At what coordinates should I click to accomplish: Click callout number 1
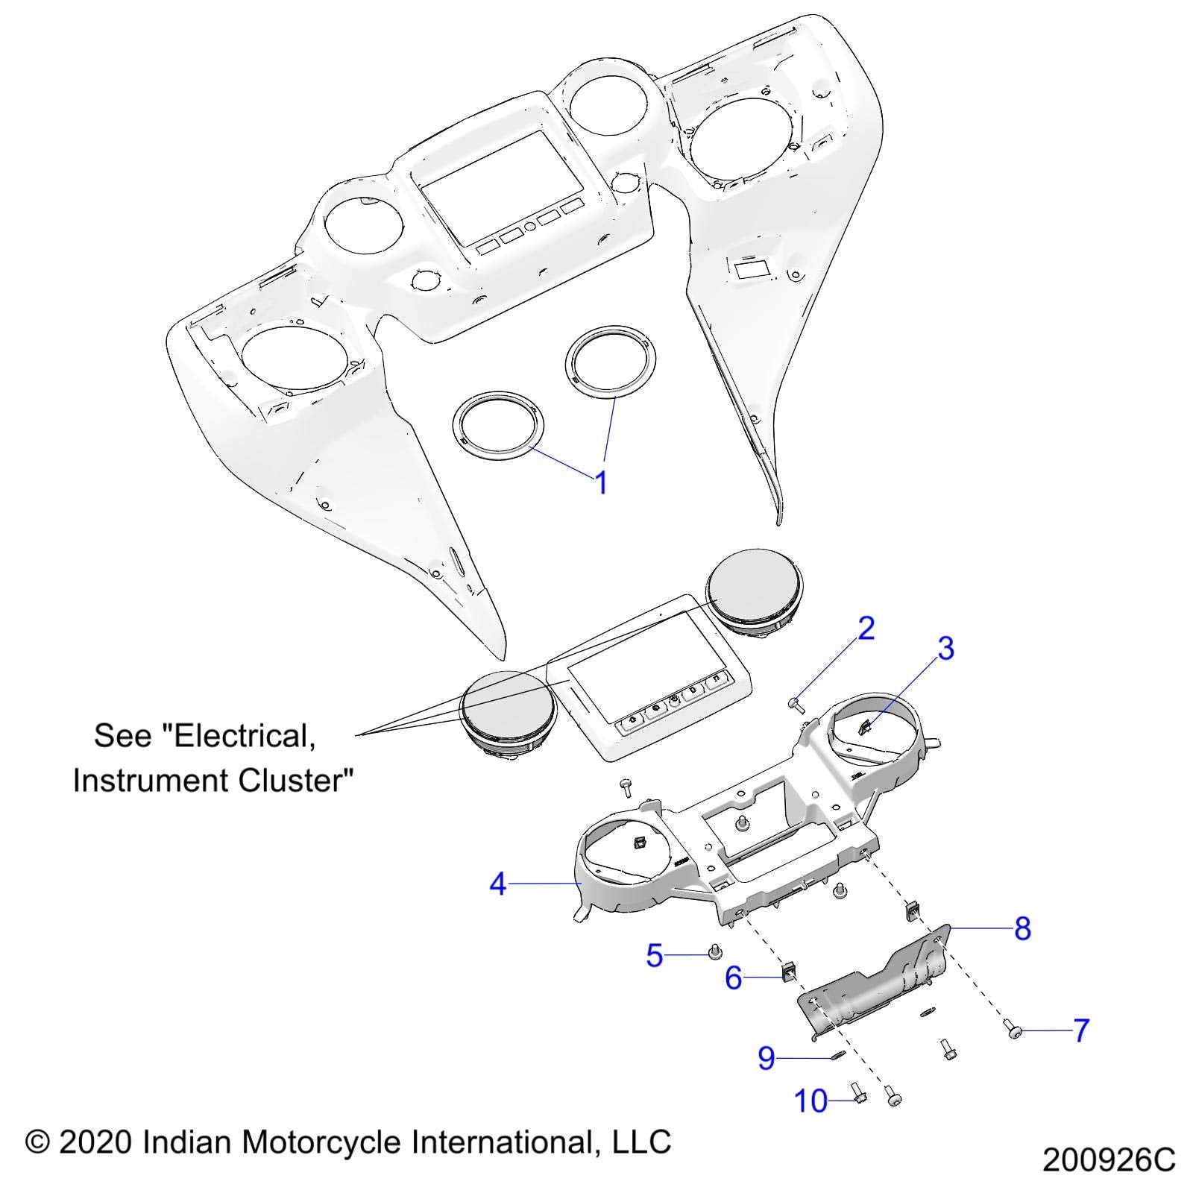(x=601, y=483)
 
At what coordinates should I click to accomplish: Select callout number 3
(x=945, y=649)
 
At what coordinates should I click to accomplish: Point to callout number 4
(x=498, y=884)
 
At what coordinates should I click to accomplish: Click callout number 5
(x=655, y=955)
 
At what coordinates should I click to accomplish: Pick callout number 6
(x=734, y=978)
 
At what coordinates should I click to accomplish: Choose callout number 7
(x=1081, y=1030)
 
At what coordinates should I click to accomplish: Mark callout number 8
(x=1022, y=928)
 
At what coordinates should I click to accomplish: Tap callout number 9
(x=767, y=1058)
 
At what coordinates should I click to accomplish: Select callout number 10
(x=810, y=1101)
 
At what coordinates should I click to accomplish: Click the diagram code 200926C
(x=1109, y=1160)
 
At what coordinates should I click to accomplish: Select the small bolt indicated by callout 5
(x=714, y=951)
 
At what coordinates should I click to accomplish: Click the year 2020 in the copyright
(x=96, y=1142)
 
